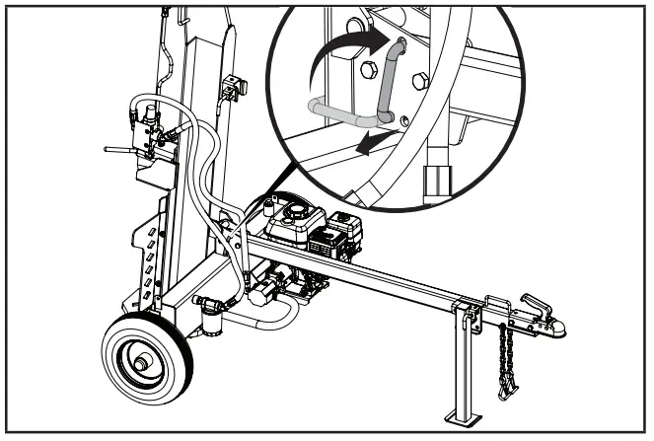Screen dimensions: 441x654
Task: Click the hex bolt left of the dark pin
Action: [x=369, y=69]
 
